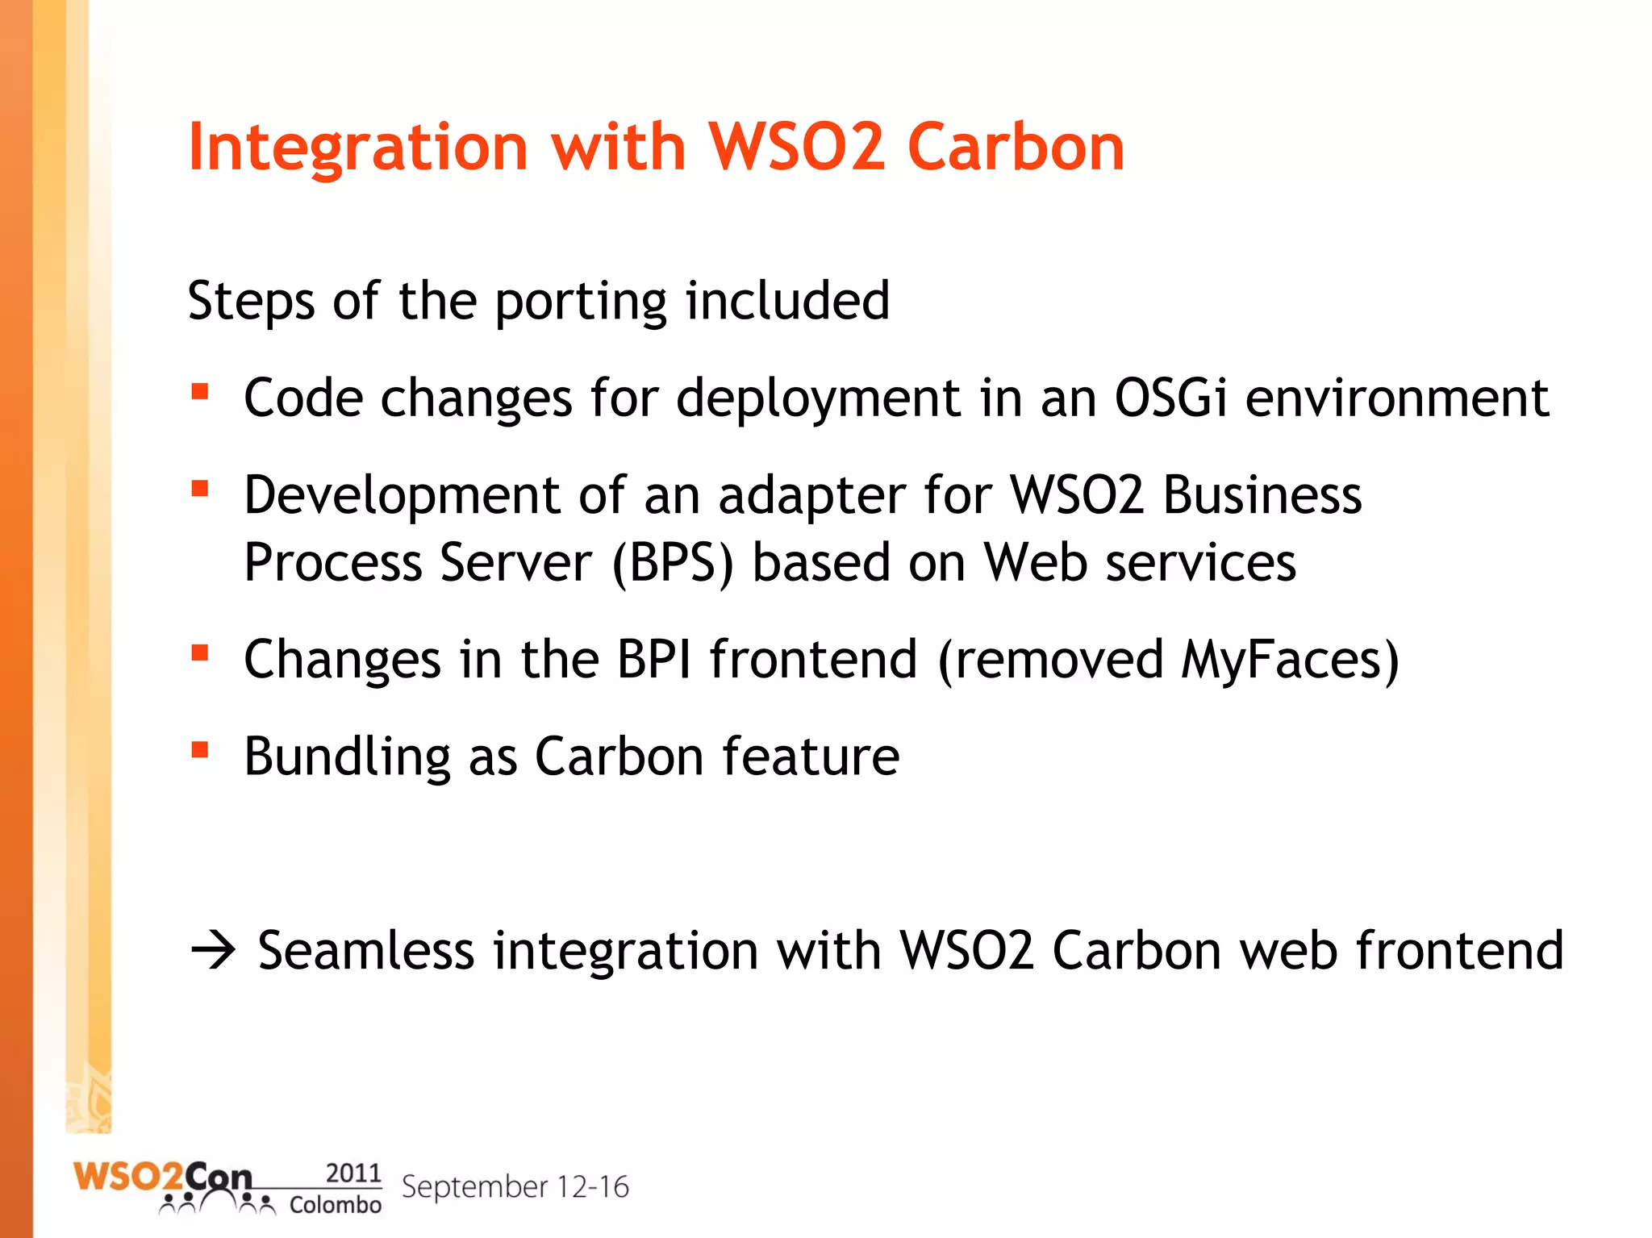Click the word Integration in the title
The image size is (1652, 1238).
tap(357, 148)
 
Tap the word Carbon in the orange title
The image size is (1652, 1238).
tap(1016, 148)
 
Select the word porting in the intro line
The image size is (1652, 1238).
tap(581, 302)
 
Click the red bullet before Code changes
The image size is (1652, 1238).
tap(200, 393)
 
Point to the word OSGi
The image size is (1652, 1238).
tap(1170, 398)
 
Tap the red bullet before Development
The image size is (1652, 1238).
tap(200, 489)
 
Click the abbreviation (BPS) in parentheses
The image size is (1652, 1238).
tap(673, 563)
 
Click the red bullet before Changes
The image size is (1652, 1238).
tap(200, 652)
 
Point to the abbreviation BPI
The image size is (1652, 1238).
tap(653, 659)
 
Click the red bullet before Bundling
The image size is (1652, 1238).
tap(200, 750)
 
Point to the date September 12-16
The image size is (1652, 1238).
tap(515, 1187)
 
